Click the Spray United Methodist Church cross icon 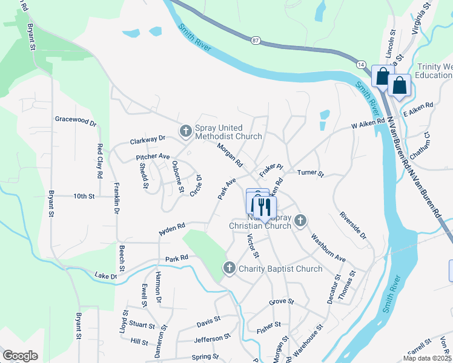tap(186, 130)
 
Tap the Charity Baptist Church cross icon tap(230, 267)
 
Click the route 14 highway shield tap(361, 64)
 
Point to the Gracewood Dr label tap(76, 120)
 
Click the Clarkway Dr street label tap(148, 140)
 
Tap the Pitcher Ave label tap(153, 157)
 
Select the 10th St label tap(84, 197)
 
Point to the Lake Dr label tap(106, 276)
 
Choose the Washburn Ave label tap(328, 248)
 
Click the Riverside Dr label tap(353, 225)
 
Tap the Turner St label tap(311, 173)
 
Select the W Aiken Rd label tap(368, 122)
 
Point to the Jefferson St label tap(213, 339)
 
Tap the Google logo tap(20, 356)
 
